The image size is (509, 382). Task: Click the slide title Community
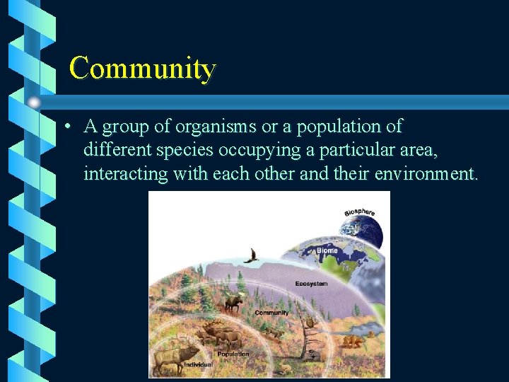142,69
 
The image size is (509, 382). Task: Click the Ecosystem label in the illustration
311,284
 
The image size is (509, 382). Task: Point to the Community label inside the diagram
271,312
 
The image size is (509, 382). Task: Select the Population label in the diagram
233,354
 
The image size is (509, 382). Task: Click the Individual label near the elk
198,365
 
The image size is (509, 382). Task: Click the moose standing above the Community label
233,303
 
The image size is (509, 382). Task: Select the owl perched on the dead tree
308,322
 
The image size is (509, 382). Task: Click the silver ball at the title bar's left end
35,101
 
